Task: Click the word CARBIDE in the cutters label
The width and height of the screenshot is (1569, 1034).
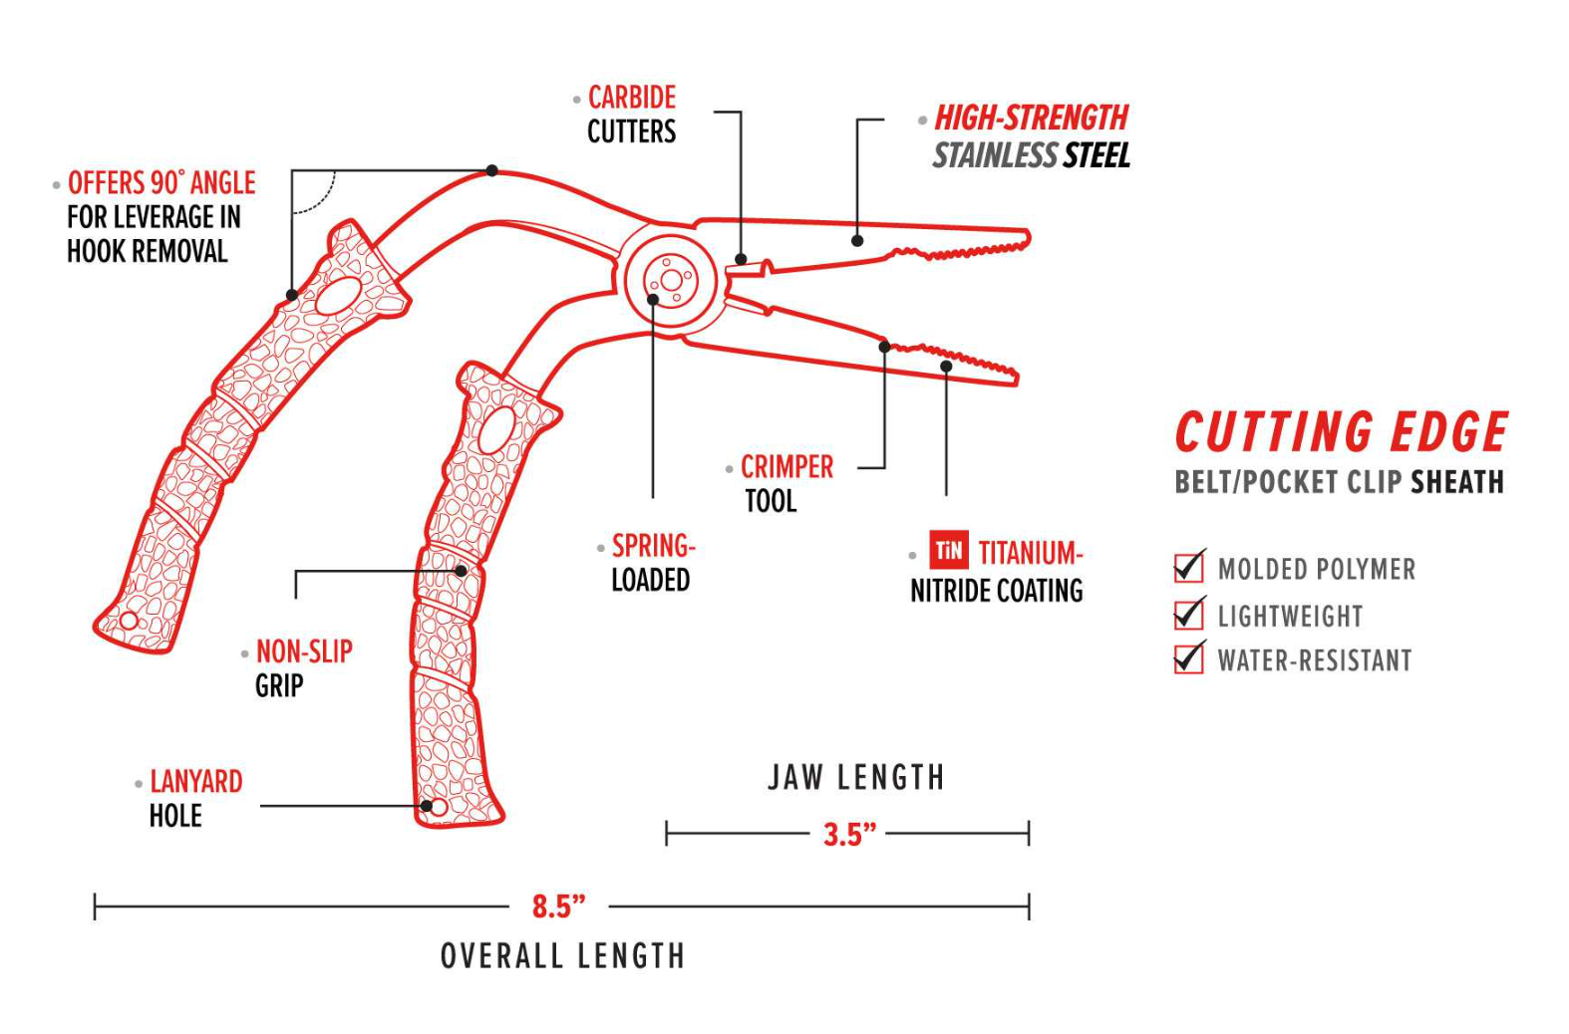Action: [x=631, y=98]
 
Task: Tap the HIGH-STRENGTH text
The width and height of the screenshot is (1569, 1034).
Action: [x=1031, y=119]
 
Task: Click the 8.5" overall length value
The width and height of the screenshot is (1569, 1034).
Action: [x=558, y=906]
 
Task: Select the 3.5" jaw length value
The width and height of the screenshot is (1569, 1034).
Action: [x=849, y=834]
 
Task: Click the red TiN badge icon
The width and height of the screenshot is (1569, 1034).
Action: [x=948, y=550]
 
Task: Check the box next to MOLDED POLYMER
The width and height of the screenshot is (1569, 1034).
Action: [x=1188, y=568]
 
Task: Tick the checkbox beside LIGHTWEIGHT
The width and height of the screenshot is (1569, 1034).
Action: [x=1188, y=615]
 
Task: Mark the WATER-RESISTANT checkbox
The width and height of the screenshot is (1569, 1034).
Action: [x=1188, y=658]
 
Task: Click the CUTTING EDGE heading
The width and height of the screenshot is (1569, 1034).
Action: [x=1341, y=432]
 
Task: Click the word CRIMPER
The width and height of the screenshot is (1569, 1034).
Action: [x=786, y=467]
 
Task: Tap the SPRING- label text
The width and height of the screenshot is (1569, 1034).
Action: [x=653, y=546]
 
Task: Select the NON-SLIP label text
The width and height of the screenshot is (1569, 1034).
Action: [x=304, y=651]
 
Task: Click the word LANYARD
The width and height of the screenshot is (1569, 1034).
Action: [x=195, y=782]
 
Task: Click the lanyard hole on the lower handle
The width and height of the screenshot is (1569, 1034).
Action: [x=438, y=807]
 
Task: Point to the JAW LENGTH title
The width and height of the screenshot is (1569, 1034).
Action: [x=855, y=778]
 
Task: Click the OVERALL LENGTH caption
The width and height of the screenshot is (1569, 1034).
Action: [x=562, y=956]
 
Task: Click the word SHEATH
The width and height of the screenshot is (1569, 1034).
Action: [x=1456, y=483]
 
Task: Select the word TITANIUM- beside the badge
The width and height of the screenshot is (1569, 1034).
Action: [x=1029, y=553]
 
